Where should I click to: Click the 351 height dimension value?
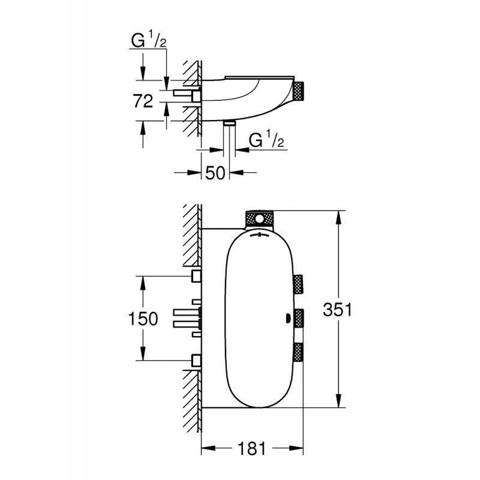[338, 310]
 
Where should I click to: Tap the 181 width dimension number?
[251, 449]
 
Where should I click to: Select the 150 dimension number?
[143, 319]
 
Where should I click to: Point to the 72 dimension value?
[143, 101]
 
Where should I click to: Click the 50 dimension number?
[215, 173]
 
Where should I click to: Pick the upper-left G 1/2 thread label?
[149, 40]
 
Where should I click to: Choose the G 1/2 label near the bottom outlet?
[266, 139]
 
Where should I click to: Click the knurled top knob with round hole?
[259, 219]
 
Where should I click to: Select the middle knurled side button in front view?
[299, 318]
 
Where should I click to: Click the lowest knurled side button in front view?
[299, 352]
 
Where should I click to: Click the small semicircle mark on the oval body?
[288, 318]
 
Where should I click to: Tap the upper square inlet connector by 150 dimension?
[196, 276]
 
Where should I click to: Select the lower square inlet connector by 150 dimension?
[196, 361]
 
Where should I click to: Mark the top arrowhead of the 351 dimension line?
[339, 217]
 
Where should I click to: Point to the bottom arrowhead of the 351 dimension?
[339, 401]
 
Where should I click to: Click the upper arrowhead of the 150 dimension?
[143, 283]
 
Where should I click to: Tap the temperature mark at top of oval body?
[259, 235]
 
